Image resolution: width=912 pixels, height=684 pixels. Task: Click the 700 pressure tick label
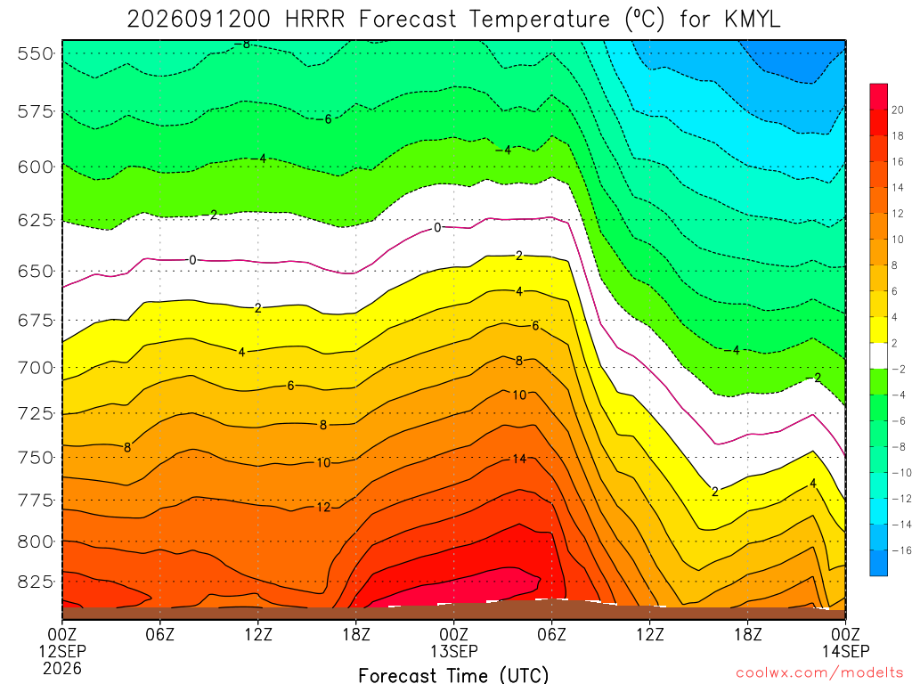35,368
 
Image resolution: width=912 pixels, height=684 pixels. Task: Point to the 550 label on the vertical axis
35,53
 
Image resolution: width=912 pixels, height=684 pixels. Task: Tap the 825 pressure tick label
35,582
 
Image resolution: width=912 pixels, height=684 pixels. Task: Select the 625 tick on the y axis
35,221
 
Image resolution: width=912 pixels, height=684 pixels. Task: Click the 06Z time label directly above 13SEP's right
550,634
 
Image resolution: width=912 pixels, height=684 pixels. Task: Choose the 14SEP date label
845,651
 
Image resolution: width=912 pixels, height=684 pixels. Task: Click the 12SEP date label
62,651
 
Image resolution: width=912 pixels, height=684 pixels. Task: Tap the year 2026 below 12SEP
62,669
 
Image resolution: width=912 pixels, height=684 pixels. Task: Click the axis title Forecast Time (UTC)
453,675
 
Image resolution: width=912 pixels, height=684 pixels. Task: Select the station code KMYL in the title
752,20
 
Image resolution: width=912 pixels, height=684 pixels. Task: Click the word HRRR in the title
314,20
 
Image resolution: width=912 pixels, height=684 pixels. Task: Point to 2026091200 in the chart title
199,20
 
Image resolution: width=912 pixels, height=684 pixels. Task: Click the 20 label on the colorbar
898,110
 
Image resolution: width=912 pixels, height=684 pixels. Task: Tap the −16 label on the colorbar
901,550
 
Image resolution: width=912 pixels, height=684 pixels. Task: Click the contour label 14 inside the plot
519,459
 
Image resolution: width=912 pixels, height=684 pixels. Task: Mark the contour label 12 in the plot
323,507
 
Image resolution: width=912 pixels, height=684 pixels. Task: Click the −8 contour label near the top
242,45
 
